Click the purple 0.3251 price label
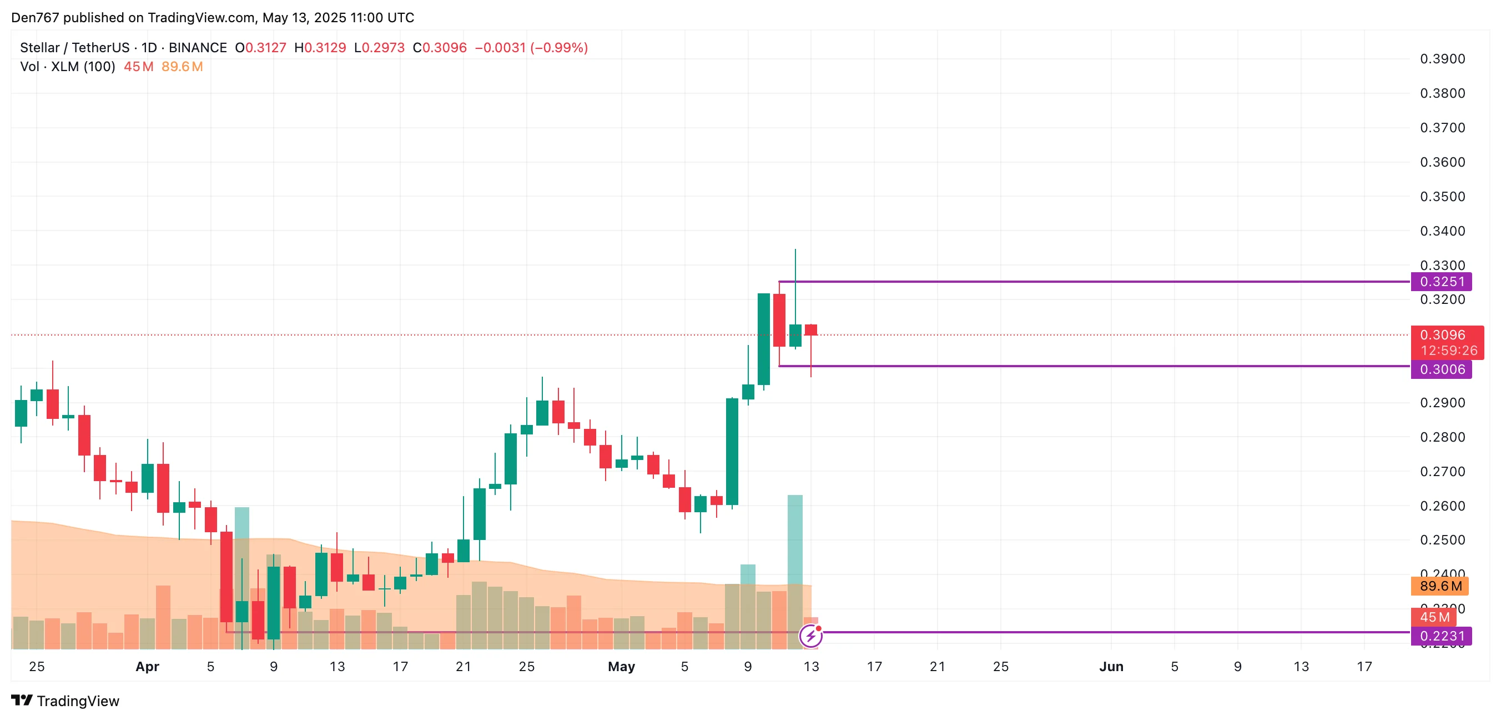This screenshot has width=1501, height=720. coord(1441,282)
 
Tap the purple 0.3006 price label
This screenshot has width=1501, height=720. coord(1441,369)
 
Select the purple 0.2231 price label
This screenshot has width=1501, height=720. coord(1441,636)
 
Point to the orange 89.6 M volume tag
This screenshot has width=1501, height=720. coord(1440,586)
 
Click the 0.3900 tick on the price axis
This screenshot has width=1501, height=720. coord(1442,59)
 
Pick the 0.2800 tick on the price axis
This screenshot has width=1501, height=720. coord(1442,437)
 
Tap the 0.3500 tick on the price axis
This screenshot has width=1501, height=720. coord(1442,197)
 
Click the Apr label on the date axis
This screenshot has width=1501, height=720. coord(148,666)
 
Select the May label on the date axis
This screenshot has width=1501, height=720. coord(621,666)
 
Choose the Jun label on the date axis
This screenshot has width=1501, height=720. coord(1111,666)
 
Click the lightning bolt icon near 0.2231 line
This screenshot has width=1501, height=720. coord(810,636)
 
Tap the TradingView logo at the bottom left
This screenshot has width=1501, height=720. coord(66,701)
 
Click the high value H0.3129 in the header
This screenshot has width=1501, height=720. coord(320,48)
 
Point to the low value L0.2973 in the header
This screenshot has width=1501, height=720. coord(379,48)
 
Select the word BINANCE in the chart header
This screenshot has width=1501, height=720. coord(198,48)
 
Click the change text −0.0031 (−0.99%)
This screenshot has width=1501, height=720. coord(531,48)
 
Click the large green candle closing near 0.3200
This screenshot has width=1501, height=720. coord(763,339)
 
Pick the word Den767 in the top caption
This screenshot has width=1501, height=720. coord(35,17)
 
